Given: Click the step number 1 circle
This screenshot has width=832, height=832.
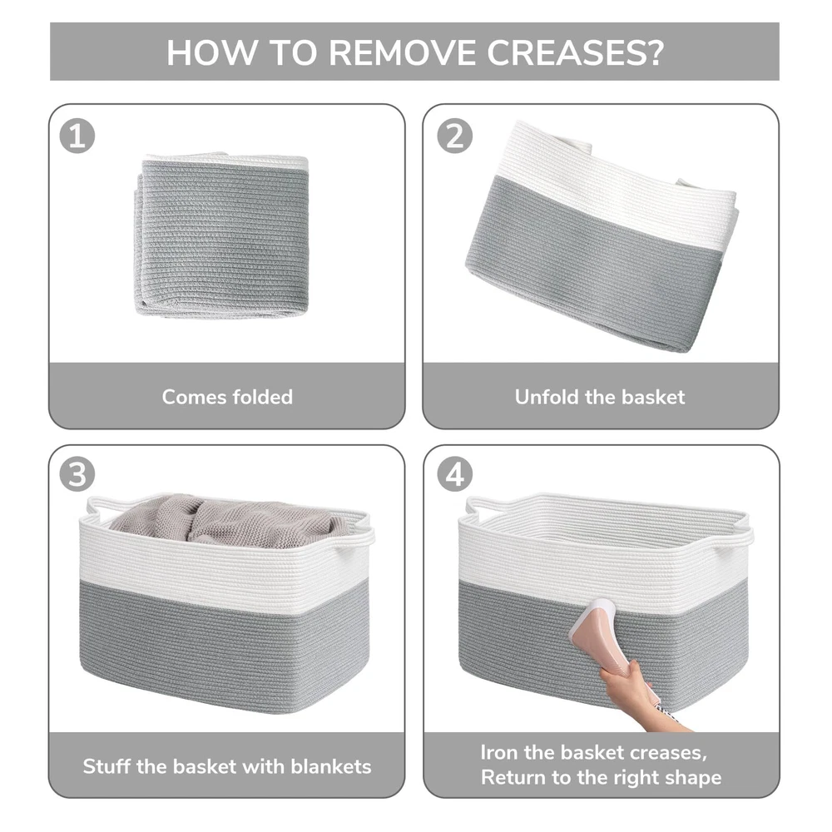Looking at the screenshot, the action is tap(77, 136).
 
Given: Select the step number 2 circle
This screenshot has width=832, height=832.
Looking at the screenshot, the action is tap(455, 136).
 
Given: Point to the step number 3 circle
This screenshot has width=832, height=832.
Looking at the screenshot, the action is tap(77, 474).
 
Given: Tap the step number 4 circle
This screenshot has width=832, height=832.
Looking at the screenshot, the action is tap(455, 474).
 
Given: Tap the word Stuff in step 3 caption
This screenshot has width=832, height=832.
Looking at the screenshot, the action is tap(106, 766).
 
